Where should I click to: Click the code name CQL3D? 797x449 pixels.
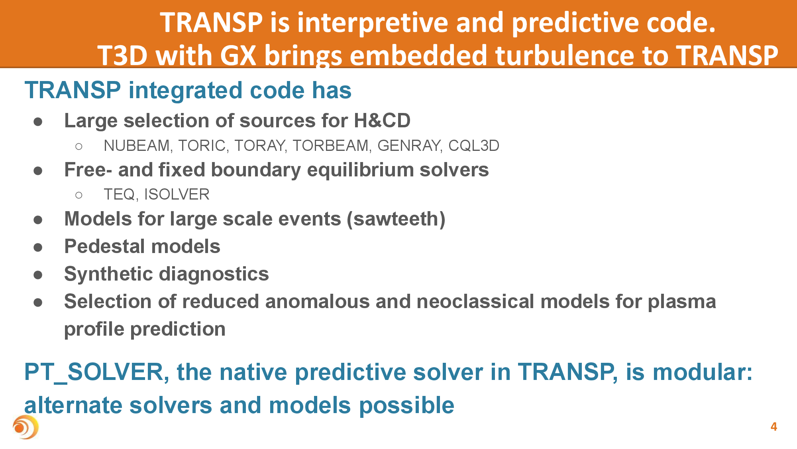coord(474,146)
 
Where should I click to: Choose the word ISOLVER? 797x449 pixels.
coord(177,194)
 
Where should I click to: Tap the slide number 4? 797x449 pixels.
coord(774,427)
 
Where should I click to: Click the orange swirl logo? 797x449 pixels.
coord(26,427)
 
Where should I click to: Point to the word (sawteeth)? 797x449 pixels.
coord(396,219)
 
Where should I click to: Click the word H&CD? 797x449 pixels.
coord(382,121)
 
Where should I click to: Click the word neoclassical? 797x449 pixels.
coord(475,301)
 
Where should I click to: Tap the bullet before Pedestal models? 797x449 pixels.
coord(38,247)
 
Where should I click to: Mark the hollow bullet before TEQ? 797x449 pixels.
coord(79,195)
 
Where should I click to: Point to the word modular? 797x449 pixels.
coord(703,372)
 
